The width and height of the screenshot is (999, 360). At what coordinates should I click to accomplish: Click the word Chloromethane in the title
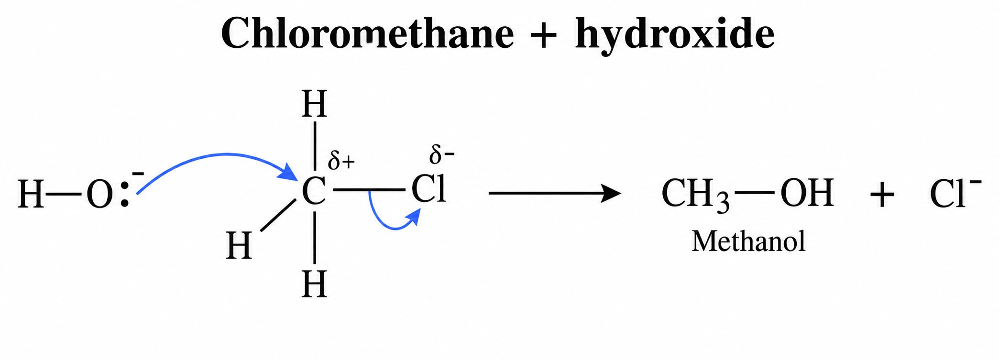367,33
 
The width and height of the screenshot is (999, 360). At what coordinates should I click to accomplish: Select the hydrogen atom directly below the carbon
314,284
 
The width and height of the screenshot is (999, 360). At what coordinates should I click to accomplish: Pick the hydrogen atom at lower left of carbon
239,245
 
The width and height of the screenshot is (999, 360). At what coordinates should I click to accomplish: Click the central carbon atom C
314,192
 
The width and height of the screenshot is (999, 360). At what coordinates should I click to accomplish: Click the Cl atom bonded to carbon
429,189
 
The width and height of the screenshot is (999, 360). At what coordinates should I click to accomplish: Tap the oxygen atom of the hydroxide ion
99,195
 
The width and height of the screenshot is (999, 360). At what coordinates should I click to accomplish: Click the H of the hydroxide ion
31,195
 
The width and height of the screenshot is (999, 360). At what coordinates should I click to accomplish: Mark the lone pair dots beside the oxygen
124,195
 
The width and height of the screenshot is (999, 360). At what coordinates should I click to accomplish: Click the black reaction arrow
555,193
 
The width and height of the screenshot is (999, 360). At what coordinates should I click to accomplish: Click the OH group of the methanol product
807,193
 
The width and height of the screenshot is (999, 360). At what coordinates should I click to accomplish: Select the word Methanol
748,241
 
